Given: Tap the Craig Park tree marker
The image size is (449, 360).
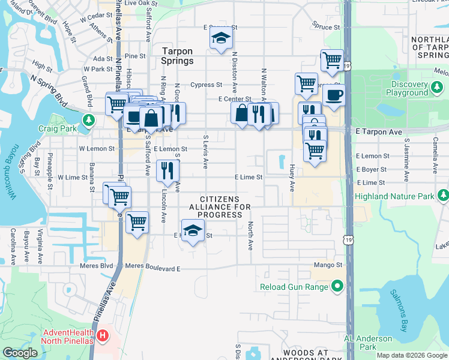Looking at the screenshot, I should (x=89, y=121).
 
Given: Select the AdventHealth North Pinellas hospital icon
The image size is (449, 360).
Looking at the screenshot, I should (x=103, y=335).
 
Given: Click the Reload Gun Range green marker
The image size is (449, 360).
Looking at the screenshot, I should (x=337, y=287).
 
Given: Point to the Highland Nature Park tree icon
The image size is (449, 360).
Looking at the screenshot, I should (x=443, y=196).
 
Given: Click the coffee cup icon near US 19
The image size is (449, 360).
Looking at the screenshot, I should (x=334, y=94).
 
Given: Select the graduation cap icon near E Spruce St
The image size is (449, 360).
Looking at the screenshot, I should (x=221, y=38).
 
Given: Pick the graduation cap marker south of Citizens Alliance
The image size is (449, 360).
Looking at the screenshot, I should (x=193, y=230).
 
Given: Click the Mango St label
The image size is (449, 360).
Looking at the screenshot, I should (x=327, y=265).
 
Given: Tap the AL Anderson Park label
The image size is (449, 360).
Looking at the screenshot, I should (x=368, y=343).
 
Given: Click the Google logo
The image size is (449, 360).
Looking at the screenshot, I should (x=19, y=353).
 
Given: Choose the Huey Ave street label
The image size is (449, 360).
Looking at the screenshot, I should (x=292, y=178).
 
